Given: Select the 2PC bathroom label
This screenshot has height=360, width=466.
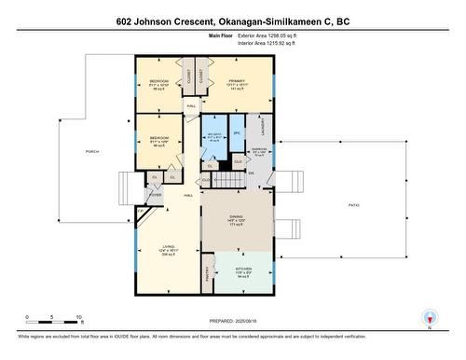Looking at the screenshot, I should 237,134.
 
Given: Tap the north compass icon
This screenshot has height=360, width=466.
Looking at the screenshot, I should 429,318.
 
